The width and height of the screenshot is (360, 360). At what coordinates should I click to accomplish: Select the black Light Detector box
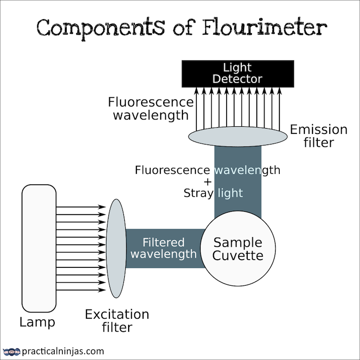pyautogui.click(x=238, y=73)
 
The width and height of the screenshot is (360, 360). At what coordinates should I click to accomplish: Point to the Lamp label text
pyautogui.click(x=37, y=322)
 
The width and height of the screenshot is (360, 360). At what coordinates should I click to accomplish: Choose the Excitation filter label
pyautogui.click(x=117, y=321)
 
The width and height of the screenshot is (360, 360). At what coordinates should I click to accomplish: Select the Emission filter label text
pyautogui.click(x=318, y=136)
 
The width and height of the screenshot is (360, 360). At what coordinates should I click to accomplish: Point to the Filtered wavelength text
pyautogui.click(x=164, y=248)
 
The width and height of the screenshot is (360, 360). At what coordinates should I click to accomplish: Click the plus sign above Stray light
pyautogui.click(x=207, y=182)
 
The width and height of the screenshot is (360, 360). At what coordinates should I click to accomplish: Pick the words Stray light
pyautogui.click(x=213, y=193)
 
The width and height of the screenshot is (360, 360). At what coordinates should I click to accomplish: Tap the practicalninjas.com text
pyautogui.click(x=63, y=351)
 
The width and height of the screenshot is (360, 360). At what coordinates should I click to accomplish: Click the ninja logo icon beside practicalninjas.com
pyautogui.click(x=12, y=351)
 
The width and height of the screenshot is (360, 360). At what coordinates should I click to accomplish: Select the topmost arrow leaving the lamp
pyautogui.click(x=81, y=207)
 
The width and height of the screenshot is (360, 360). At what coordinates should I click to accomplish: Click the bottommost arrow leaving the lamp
pyautogui.click(x=81, y=290)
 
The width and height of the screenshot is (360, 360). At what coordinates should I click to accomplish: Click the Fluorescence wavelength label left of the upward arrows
pyautogui.click(x=151, y=109)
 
